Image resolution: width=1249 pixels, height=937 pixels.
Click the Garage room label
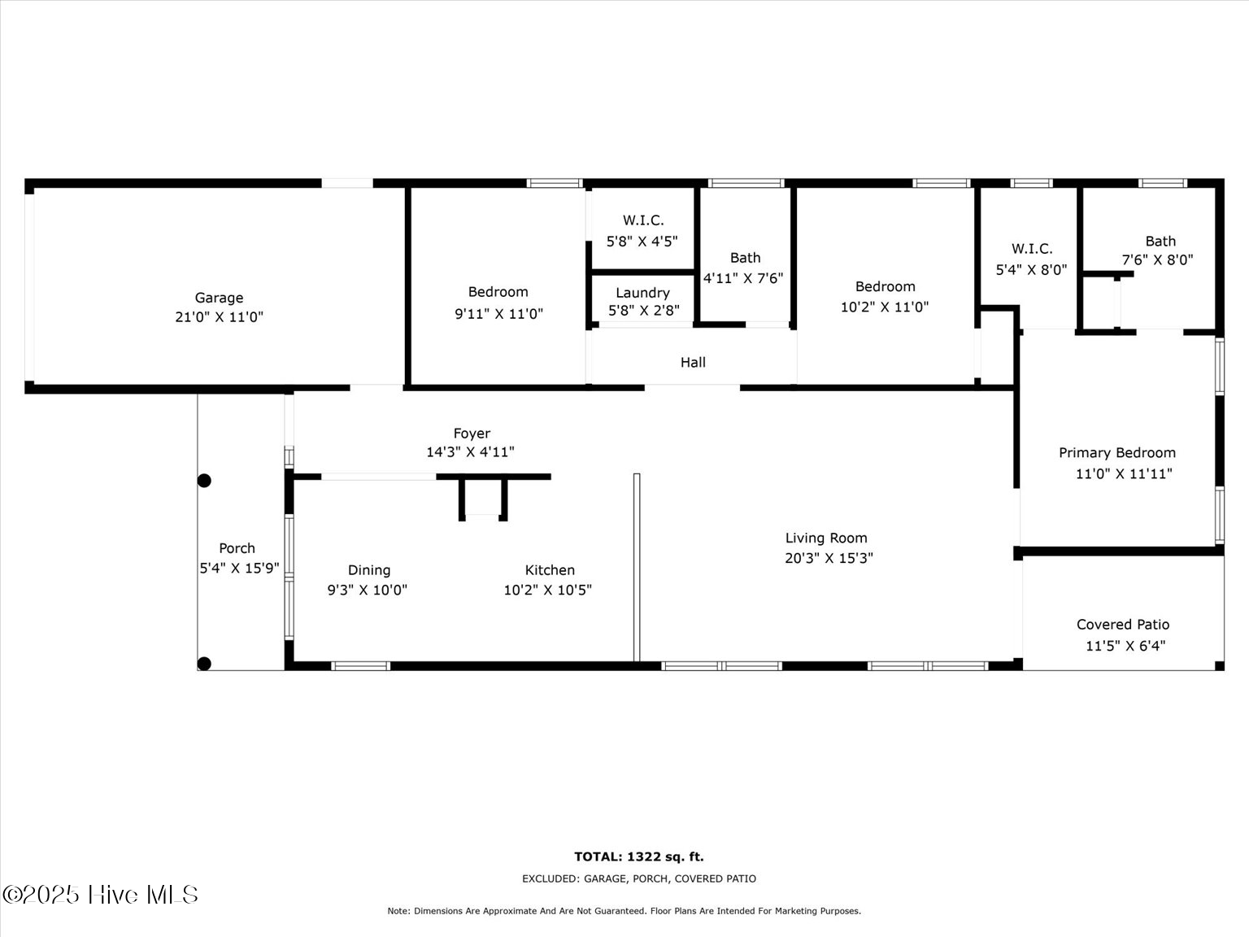click(219, 298)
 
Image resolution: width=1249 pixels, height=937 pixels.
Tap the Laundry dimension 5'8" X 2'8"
click(643, 311)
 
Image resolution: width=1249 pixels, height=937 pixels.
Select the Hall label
click(693, 363)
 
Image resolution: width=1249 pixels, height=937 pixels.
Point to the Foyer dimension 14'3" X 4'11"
click(471, 452)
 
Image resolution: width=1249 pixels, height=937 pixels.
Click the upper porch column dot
click(204, 481)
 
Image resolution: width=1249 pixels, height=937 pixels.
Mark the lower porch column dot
click(204, 664)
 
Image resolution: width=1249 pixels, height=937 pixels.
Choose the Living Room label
click(826, 538)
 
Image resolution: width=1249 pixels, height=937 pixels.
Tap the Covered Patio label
click(1123, 625)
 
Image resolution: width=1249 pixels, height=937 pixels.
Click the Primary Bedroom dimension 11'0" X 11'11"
click(1124, 474)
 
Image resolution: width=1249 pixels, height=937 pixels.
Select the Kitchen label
click(550, 570)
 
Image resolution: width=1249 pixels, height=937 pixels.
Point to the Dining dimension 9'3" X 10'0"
click(367, 591)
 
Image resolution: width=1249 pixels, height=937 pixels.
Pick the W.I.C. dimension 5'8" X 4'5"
click(642, 242)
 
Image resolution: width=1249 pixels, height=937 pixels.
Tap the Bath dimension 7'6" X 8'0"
click(1157, 260)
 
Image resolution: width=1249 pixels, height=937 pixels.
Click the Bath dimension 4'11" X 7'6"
click(743, 278)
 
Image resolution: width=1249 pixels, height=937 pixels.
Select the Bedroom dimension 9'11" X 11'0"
click(498, 314)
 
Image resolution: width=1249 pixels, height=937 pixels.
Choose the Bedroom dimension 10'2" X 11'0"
click(885, 307)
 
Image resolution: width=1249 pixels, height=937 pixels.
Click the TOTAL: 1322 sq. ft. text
click(638, 856)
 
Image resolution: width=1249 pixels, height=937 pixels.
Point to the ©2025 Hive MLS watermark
click(100, 895)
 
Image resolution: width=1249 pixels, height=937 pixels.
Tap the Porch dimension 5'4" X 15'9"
click(239, 569)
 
